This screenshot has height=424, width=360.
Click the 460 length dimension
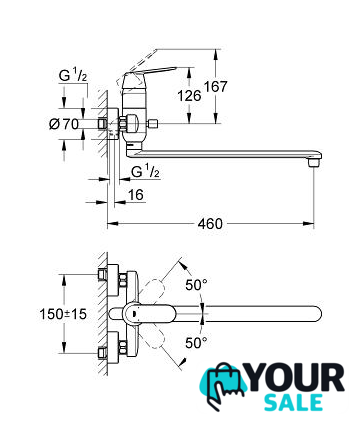click(210, 224)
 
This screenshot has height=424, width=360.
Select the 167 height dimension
click(215, 87)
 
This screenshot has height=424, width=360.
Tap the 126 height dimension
click(189, 96)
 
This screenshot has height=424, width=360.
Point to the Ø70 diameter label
click(64, 124)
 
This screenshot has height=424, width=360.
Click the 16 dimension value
click(136, 195)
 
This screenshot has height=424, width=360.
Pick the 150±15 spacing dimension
click(63, 314)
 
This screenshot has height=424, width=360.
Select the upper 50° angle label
click(196, 285)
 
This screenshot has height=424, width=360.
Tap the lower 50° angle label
click(196, 342)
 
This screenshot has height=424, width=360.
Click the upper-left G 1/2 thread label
click(73, 76)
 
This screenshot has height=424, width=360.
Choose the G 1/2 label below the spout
click(145, 172)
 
